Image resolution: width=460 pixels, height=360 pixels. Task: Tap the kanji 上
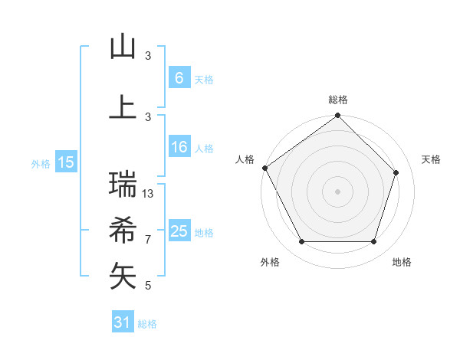point(123,106)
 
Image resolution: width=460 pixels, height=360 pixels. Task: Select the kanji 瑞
point(123,184)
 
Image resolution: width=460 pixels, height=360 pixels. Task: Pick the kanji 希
point(123,229)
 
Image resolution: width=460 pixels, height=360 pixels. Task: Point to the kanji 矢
point(123,276)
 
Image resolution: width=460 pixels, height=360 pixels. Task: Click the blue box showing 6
point(179,77)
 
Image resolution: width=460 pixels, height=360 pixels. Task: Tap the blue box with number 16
point(179,148)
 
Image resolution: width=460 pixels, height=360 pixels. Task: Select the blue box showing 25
point(179,231)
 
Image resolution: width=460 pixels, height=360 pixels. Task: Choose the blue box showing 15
point(66,162)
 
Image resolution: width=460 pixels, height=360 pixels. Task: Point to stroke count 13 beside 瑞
point(148,194)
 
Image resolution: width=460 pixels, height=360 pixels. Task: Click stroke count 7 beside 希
point(148,240)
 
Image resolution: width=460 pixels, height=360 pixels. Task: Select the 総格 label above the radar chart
point(338,100)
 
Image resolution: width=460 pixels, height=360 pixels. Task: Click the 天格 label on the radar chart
point(431,159)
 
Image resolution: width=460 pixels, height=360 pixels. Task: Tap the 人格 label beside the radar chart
point(245,159)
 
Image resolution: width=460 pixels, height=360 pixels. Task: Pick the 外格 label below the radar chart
point(270,262)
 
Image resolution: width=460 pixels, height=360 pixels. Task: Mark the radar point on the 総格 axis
point(338,116)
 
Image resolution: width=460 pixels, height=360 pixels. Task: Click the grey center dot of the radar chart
point(338,191)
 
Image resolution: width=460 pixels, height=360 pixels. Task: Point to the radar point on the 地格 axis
point(374,242)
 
